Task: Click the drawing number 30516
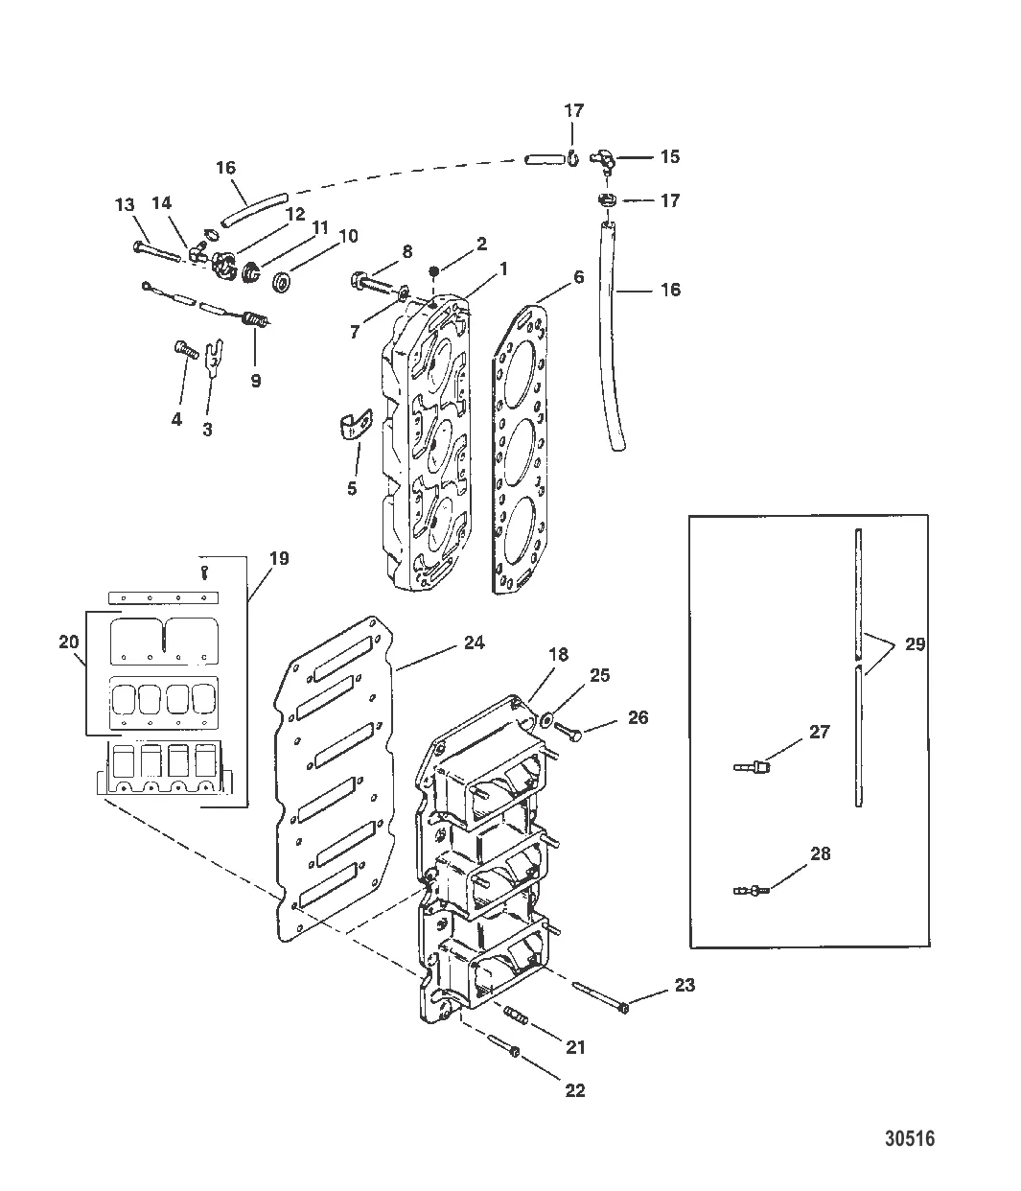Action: pos(910,1138)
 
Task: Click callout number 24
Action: pos(475,642)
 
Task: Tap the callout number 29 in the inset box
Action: pos(915,644)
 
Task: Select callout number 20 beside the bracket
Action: pos(69,642)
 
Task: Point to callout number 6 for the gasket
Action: pos(578,277)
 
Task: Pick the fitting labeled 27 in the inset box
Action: pos(752,767)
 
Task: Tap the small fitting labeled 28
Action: pos(752,890)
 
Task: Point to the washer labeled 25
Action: pos(545,718)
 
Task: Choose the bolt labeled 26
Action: pos(569,732)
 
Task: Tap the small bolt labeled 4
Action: pos(186,349)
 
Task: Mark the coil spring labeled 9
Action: pos(256,318)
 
